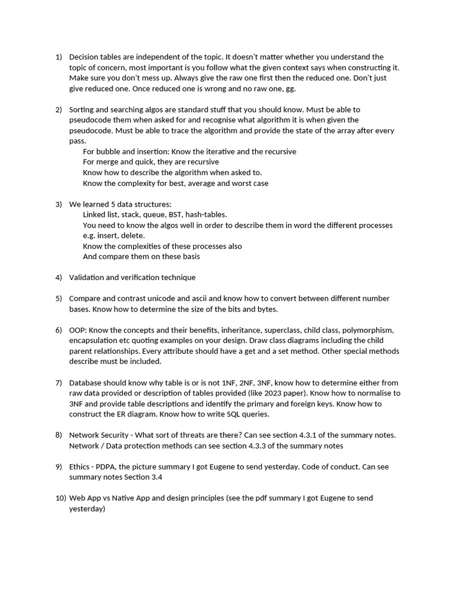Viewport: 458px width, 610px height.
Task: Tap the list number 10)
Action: [x=60, y=498]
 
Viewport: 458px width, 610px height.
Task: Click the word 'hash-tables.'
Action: [x=206, y=214]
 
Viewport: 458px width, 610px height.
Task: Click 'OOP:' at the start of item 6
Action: [x=79, y=330]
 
